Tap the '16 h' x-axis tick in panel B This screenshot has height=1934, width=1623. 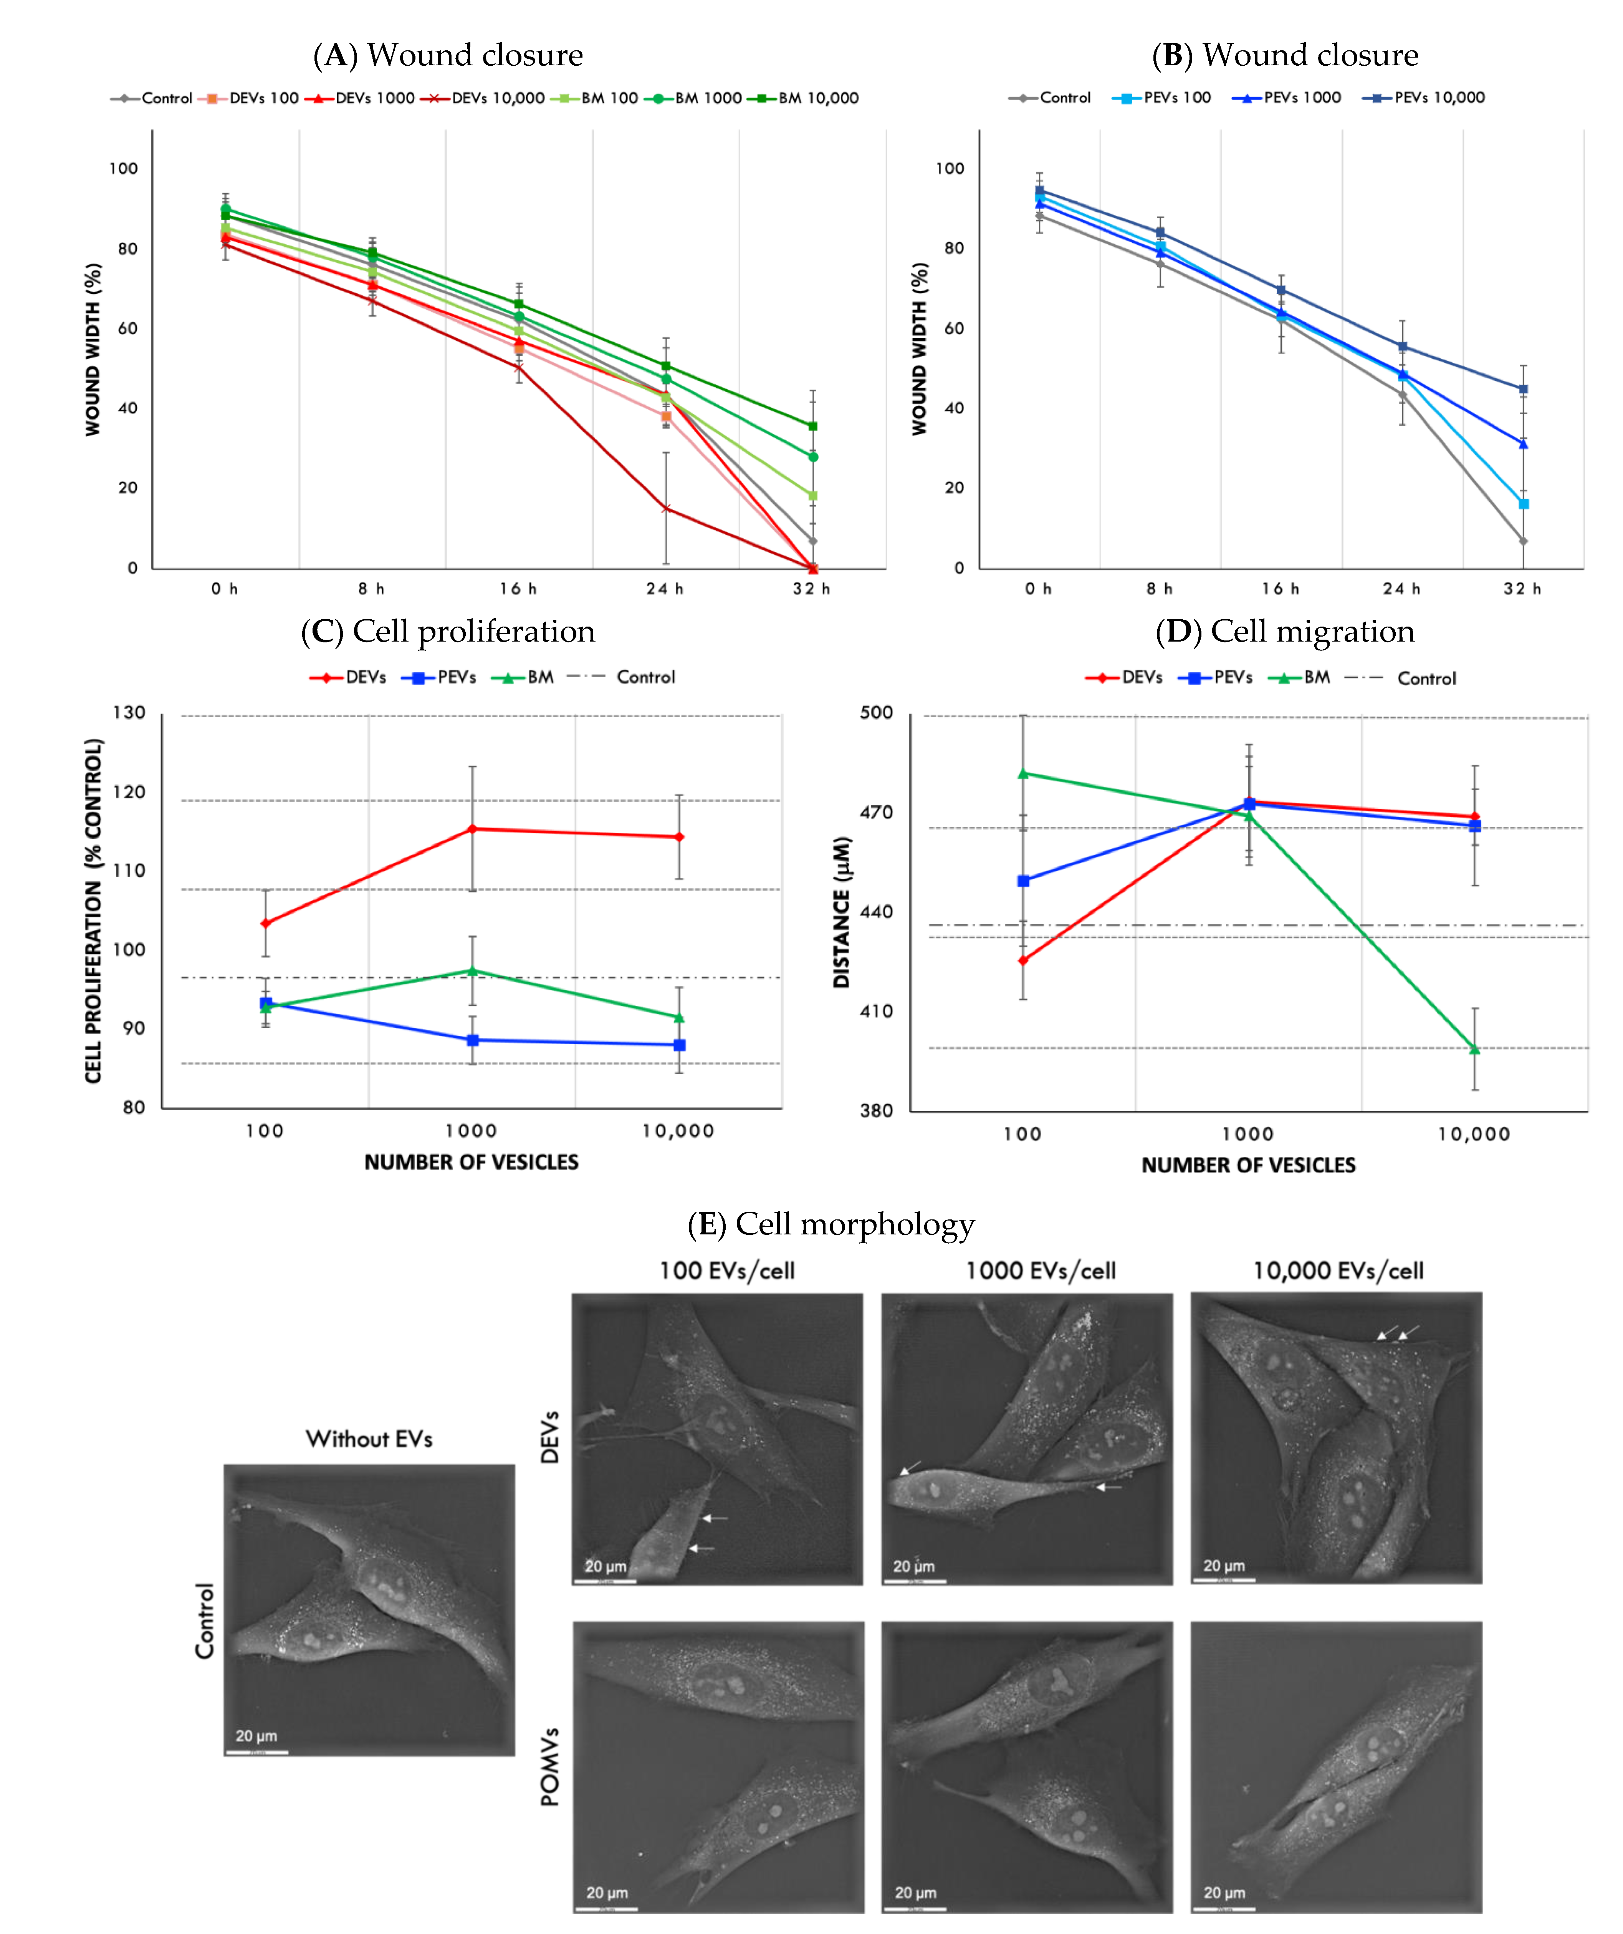click(1280, 589)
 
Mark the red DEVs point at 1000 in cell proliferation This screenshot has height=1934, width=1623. click(472, 829)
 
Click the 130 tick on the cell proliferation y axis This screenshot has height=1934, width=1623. click(129, 713)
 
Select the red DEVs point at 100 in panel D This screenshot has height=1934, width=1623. click(1023, 960)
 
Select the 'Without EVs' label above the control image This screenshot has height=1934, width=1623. click(369, 1438)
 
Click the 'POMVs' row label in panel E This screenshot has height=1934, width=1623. click(549, 1766)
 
